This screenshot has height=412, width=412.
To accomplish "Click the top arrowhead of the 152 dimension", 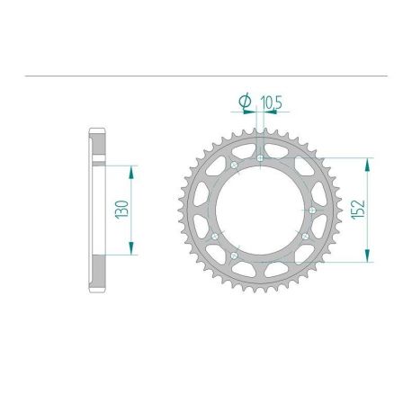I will [x=367, y=163].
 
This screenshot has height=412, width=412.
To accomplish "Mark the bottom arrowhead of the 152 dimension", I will [x=367, y=258].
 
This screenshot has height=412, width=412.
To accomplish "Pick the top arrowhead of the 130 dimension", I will [x=132, y=169].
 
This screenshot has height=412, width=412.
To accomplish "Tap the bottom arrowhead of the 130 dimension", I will [x=132, y=251].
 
